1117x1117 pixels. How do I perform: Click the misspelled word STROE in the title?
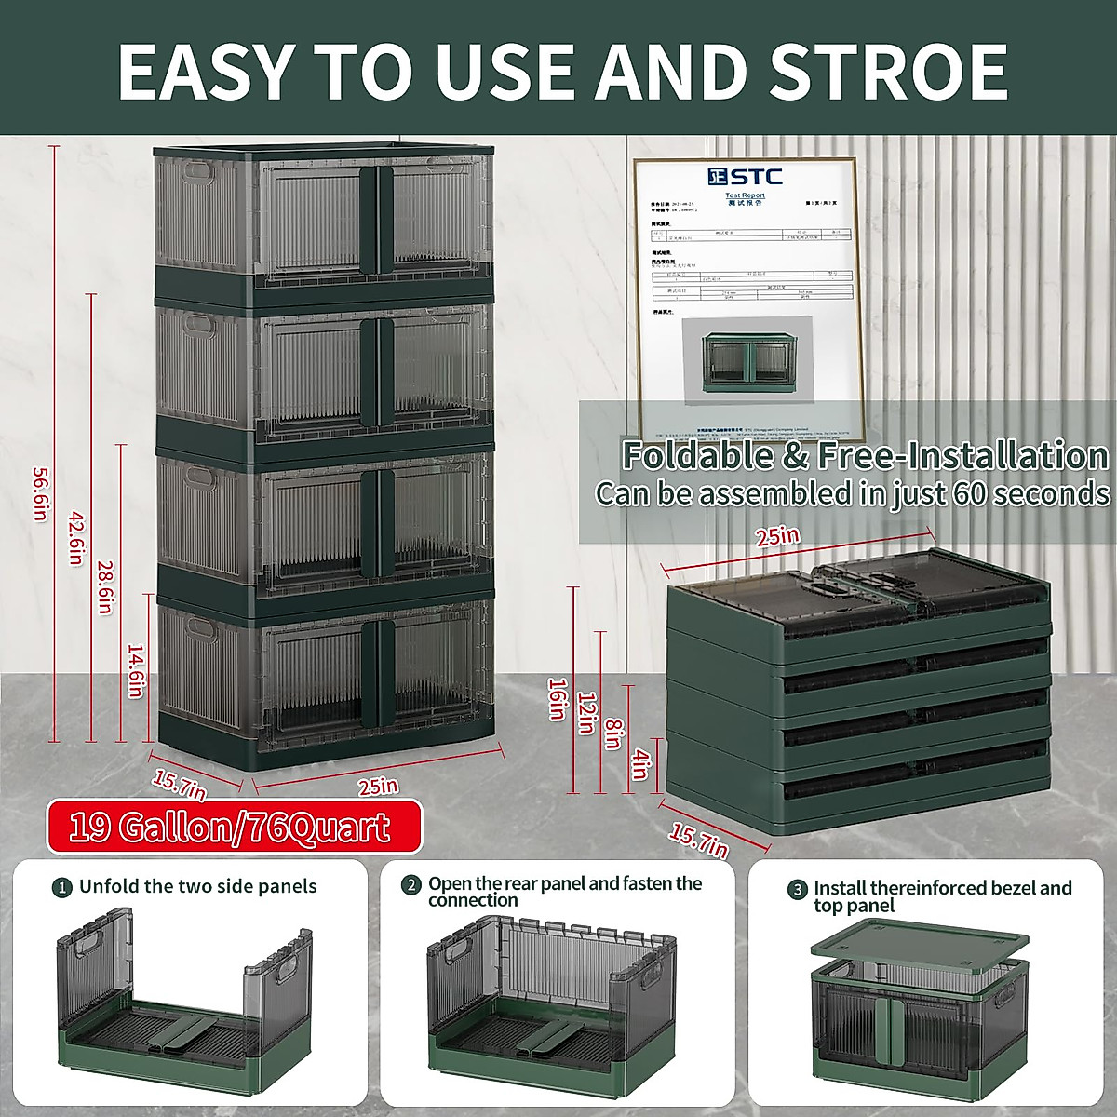click(889, 72)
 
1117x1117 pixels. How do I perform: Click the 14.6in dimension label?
click(136, 671)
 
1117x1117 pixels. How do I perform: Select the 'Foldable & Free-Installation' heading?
click(865, 456)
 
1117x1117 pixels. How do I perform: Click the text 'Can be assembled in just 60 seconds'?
click(853, 493)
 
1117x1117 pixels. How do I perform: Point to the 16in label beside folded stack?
click(557, 698)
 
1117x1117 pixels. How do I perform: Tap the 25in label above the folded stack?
click(777, 537)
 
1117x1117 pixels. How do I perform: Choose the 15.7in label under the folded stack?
click(697, 840)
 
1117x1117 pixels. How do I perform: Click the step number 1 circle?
click(61, 887)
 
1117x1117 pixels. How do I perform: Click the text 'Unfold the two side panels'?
click(197, 886)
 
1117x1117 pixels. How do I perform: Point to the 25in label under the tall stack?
click(377, 787)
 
